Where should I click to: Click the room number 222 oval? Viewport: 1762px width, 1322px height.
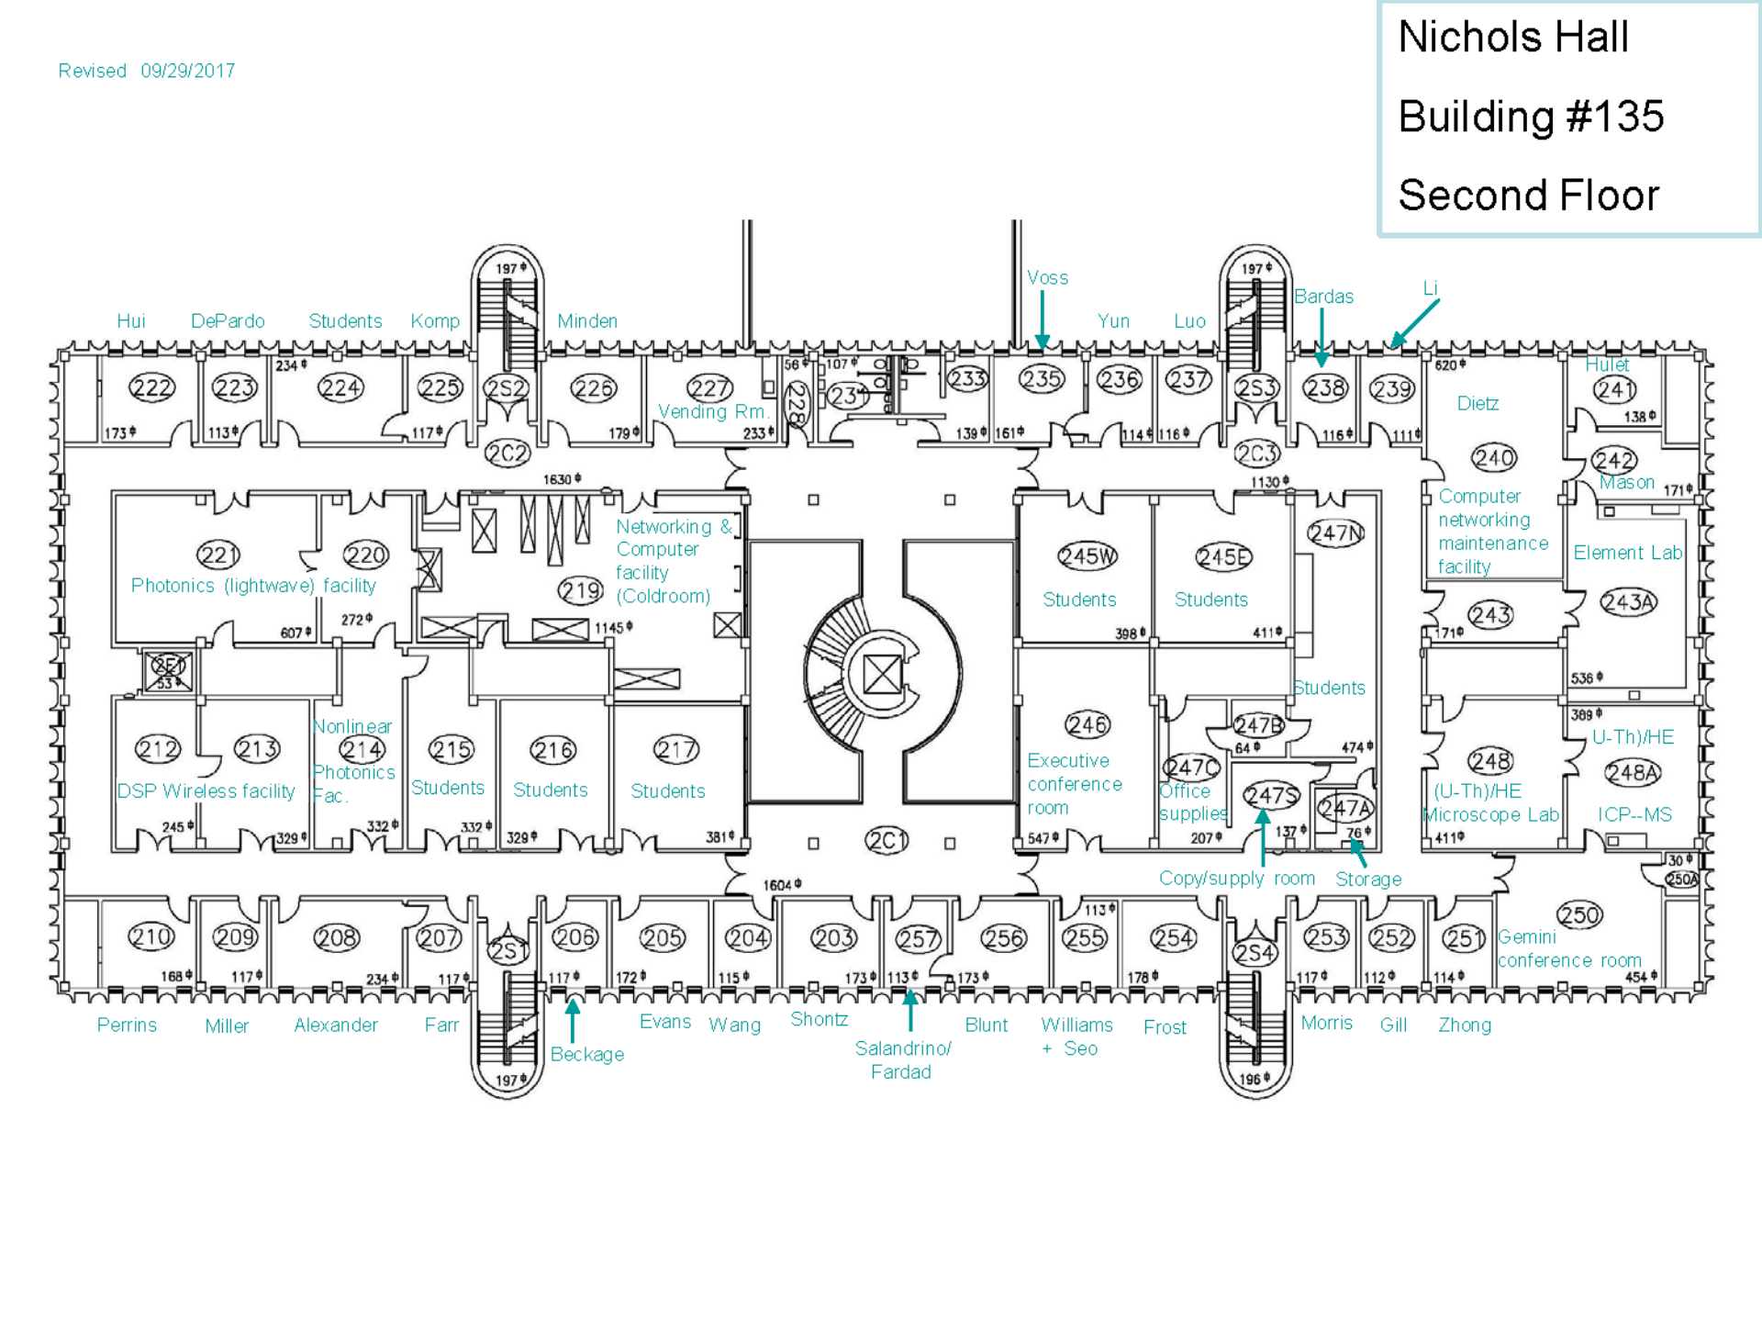(151, 388)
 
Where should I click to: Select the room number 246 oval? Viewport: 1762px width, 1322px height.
(1087, 724)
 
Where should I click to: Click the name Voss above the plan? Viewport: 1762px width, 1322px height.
(1047, 277)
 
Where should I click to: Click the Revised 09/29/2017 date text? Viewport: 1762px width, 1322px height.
(147, 71)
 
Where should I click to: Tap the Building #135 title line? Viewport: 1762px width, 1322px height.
(1531, 117)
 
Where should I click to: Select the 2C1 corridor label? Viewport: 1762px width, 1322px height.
(887, 840)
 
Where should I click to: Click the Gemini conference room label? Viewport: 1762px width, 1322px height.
(1569, 948)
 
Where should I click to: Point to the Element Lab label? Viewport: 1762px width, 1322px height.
(1627, 553)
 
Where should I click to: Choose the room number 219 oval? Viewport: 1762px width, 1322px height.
(581, 591)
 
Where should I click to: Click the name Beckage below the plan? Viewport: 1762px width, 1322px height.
(587, 1054)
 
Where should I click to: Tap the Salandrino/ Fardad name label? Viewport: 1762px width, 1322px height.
(902, 1059)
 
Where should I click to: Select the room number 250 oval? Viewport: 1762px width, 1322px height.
(1579, 914)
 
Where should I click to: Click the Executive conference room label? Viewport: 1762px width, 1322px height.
(1074, 784)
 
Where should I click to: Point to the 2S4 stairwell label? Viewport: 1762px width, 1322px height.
(1255, 953)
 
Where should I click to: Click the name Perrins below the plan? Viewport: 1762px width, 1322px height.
(127, 1025)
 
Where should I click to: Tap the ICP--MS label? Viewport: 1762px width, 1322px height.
(1634, 814)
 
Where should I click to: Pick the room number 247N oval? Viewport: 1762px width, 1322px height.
(1335, 533)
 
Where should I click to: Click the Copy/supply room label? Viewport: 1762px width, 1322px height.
(1236, 878)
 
